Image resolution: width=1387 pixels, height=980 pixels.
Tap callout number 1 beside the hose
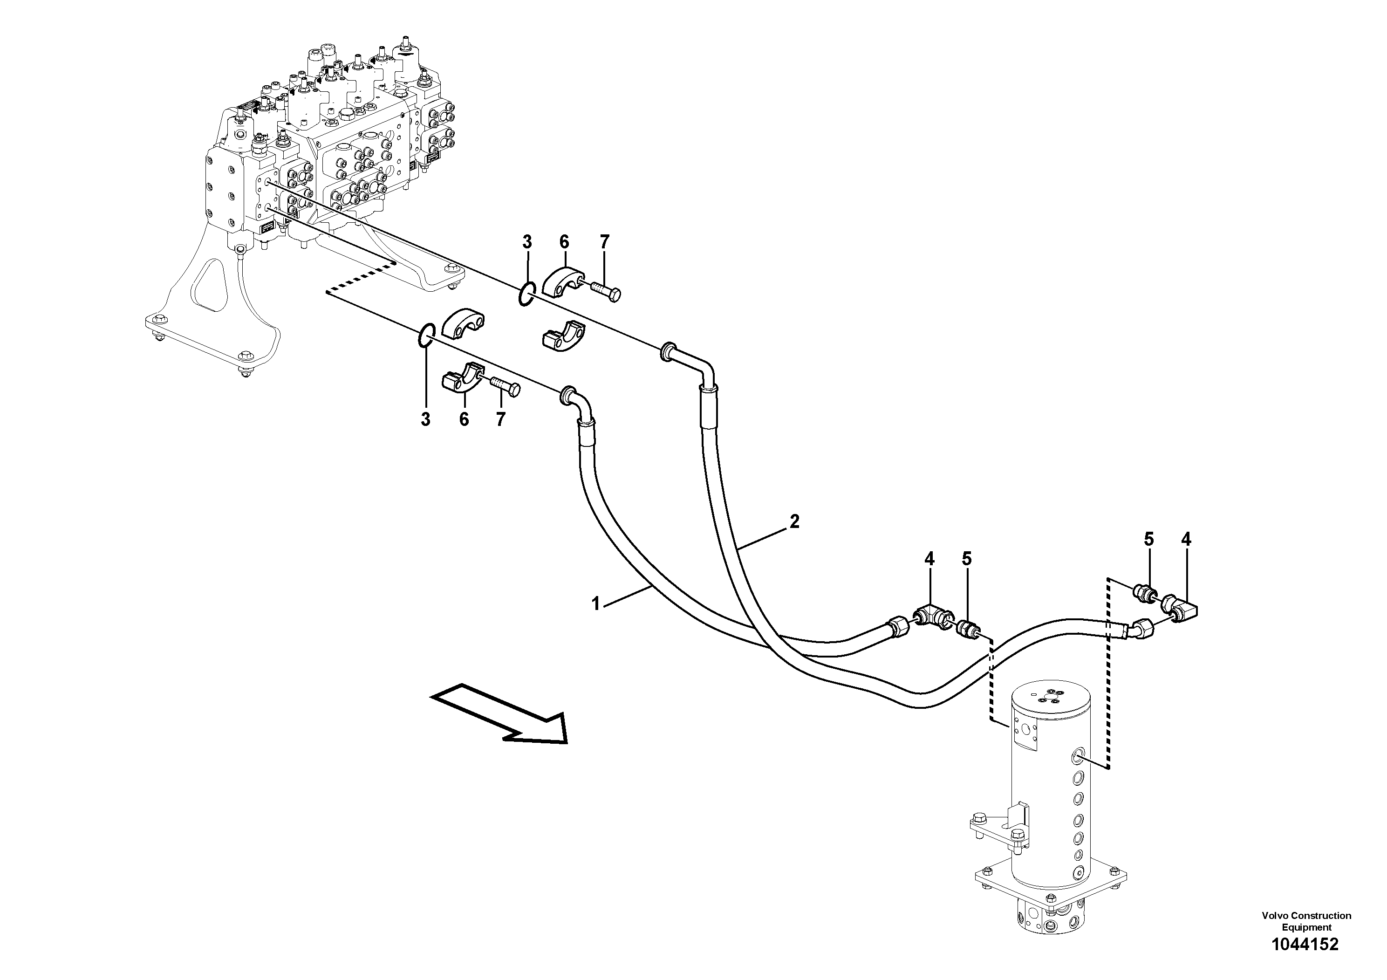595,603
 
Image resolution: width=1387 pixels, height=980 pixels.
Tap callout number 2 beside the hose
794,521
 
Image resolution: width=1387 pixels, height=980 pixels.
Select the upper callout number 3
527,242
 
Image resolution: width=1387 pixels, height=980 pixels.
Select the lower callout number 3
425,419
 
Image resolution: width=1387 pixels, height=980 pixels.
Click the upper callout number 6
564,242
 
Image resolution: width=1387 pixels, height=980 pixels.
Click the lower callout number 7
500,419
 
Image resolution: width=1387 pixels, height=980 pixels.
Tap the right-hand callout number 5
1148,539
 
